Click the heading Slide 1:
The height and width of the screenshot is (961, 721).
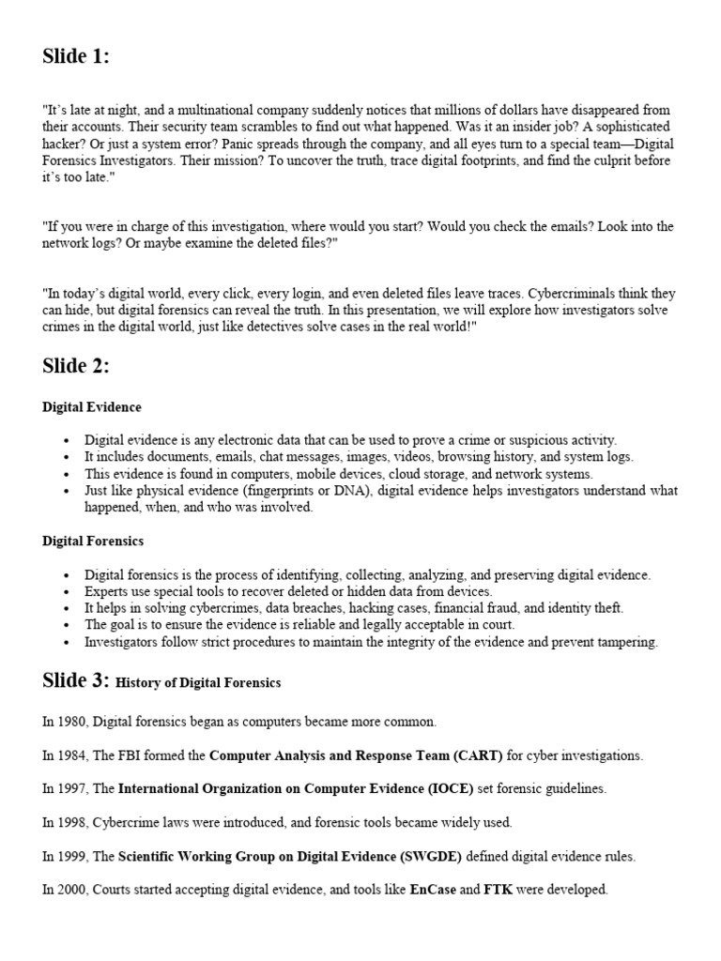[76, 56]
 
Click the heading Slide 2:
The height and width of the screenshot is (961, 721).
[76, 366]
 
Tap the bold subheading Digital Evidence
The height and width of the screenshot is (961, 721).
[92, 407]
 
